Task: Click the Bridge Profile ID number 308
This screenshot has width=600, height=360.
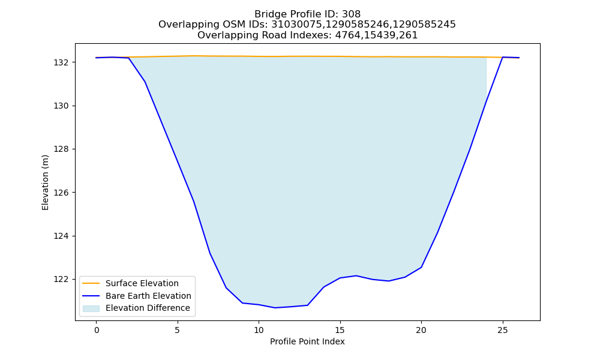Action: click(x=351, y=14)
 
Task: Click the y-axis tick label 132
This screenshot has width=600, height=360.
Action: click(x=61, y=62)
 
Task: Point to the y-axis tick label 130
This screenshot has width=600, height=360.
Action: click(x=61, y=106)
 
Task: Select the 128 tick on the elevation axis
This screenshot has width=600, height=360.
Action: click(x=61, y=149)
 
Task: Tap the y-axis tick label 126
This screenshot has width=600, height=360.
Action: click(x=61, y=193)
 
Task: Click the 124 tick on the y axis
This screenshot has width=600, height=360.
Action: click(x=61, y=236)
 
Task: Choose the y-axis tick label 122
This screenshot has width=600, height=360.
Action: click(x=61, y=279)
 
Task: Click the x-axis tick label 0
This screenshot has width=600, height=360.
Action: click(x=97, y=330)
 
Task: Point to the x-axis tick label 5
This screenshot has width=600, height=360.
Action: click(x=178, y=330)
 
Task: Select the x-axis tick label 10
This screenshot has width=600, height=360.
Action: click(x=259, y=330)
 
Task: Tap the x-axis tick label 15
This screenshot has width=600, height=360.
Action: click(x=340, y=330)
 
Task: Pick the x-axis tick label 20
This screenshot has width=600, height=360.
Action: click(x=421, y=330)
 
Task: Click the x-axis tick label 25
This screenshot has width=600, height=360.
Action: click(x=502, y=330)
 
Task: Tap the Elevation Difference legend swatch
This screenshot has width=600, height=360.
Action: click(x=91, y=308)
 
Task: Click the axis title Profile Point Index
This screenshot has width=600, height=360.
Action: click(x=307, y=341)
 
